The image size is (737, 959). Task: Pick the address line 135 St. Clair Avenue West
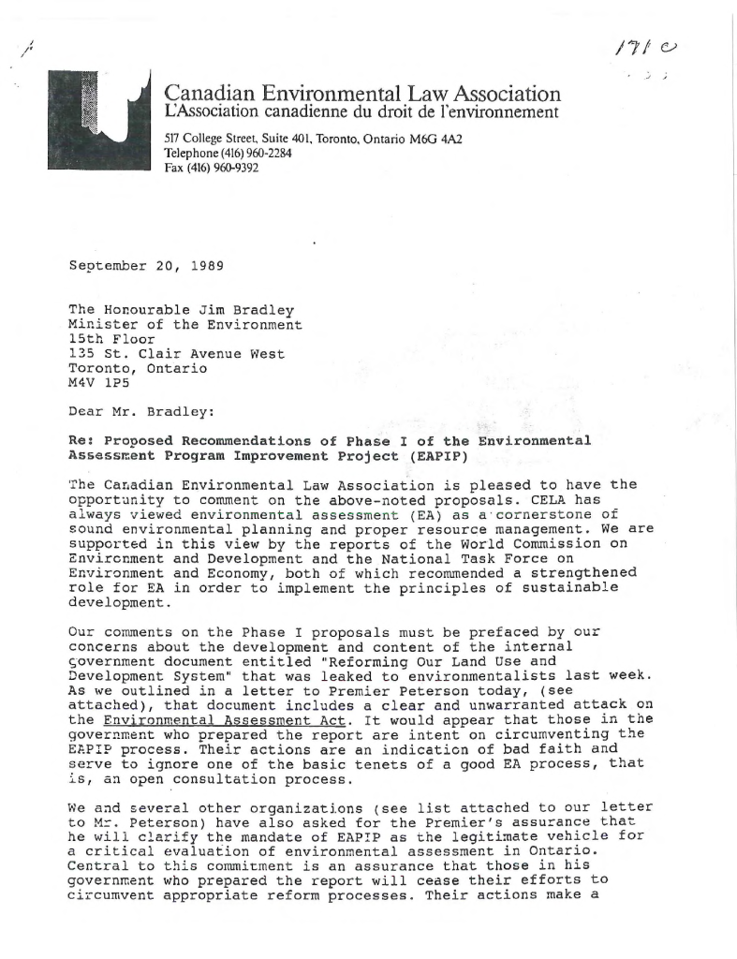[176, 354]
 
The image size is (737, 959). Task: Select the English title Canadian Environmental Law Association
[362, 94]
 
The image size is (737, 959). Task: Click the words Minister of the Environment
[185, 325]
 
